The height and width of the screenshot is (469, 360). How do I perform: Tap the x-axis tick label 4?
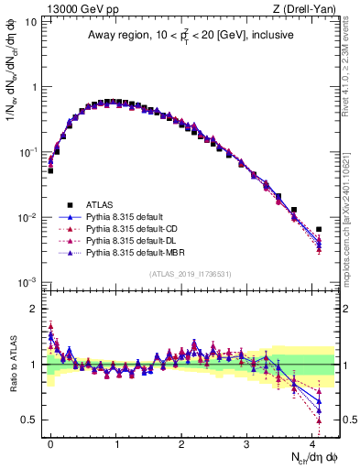pos(312,441)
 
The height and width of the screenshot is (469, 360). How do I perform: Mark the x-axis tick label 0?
pos(50,441)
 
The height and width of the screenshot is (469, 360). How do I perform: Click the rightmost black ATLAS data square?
pos(319,229)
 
